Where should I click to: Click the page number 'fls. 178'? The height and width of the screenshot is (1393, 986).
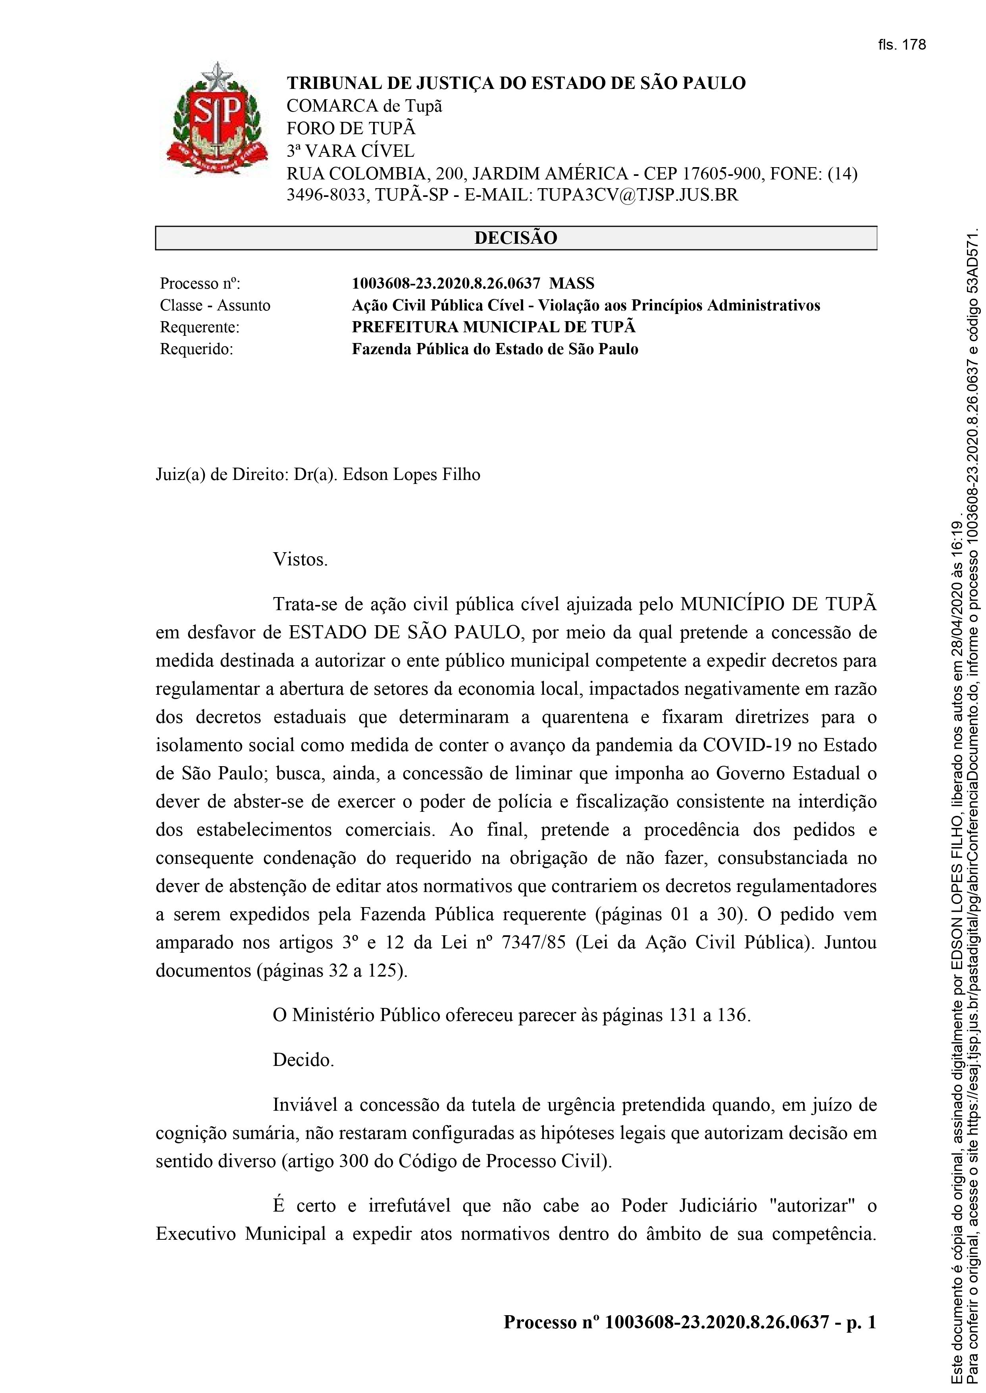901,45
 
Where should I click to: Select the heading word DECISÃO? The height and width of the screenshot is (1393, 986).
516,238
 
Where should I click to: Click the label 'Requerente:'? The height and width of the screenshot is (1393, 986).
200,327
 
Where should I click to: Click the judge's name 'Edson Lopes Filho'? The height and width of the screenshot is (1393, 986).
411,474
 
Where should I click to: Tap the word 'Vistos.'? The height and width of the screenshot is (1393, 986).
300,559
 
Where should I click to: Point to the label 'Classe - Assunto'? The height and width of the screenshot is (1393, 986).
215,305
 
